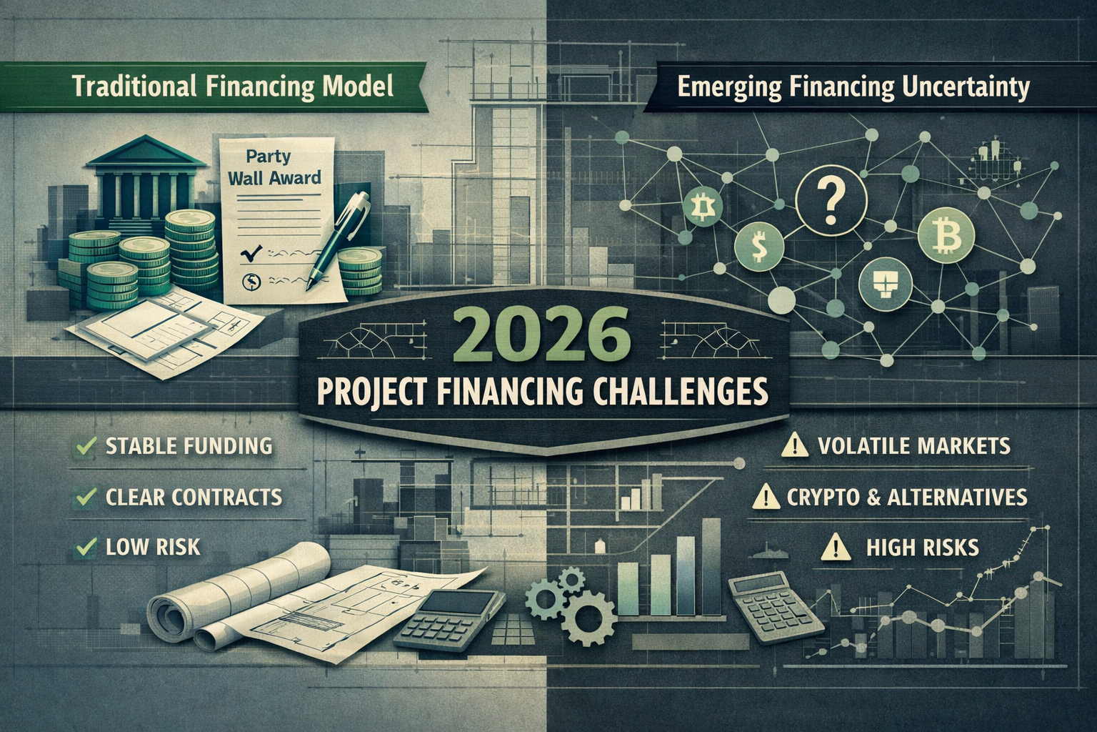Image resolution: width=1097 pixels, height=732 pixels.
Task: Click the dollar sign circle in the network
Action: [x=760, y=247]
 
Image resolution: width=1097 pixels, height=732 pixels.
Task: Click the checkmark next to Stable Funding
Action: [x=86, y=445]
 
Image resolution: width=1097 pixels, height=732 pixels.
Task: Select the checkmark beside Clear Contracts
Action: [x=86, y=497]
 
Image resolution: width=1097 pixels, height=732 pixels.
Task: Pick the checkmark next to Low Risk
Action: [x=86, y=547]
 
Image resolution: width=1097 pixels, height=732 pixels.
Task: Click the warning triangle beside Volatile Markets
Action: [x=794, y=445]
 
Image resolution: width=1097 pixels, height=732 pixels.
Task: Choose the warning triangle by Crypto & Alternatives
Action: [x=766, y=497]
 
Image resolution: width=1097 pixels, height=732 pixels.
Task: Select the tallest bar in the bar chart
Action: [x=711, y=567]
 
